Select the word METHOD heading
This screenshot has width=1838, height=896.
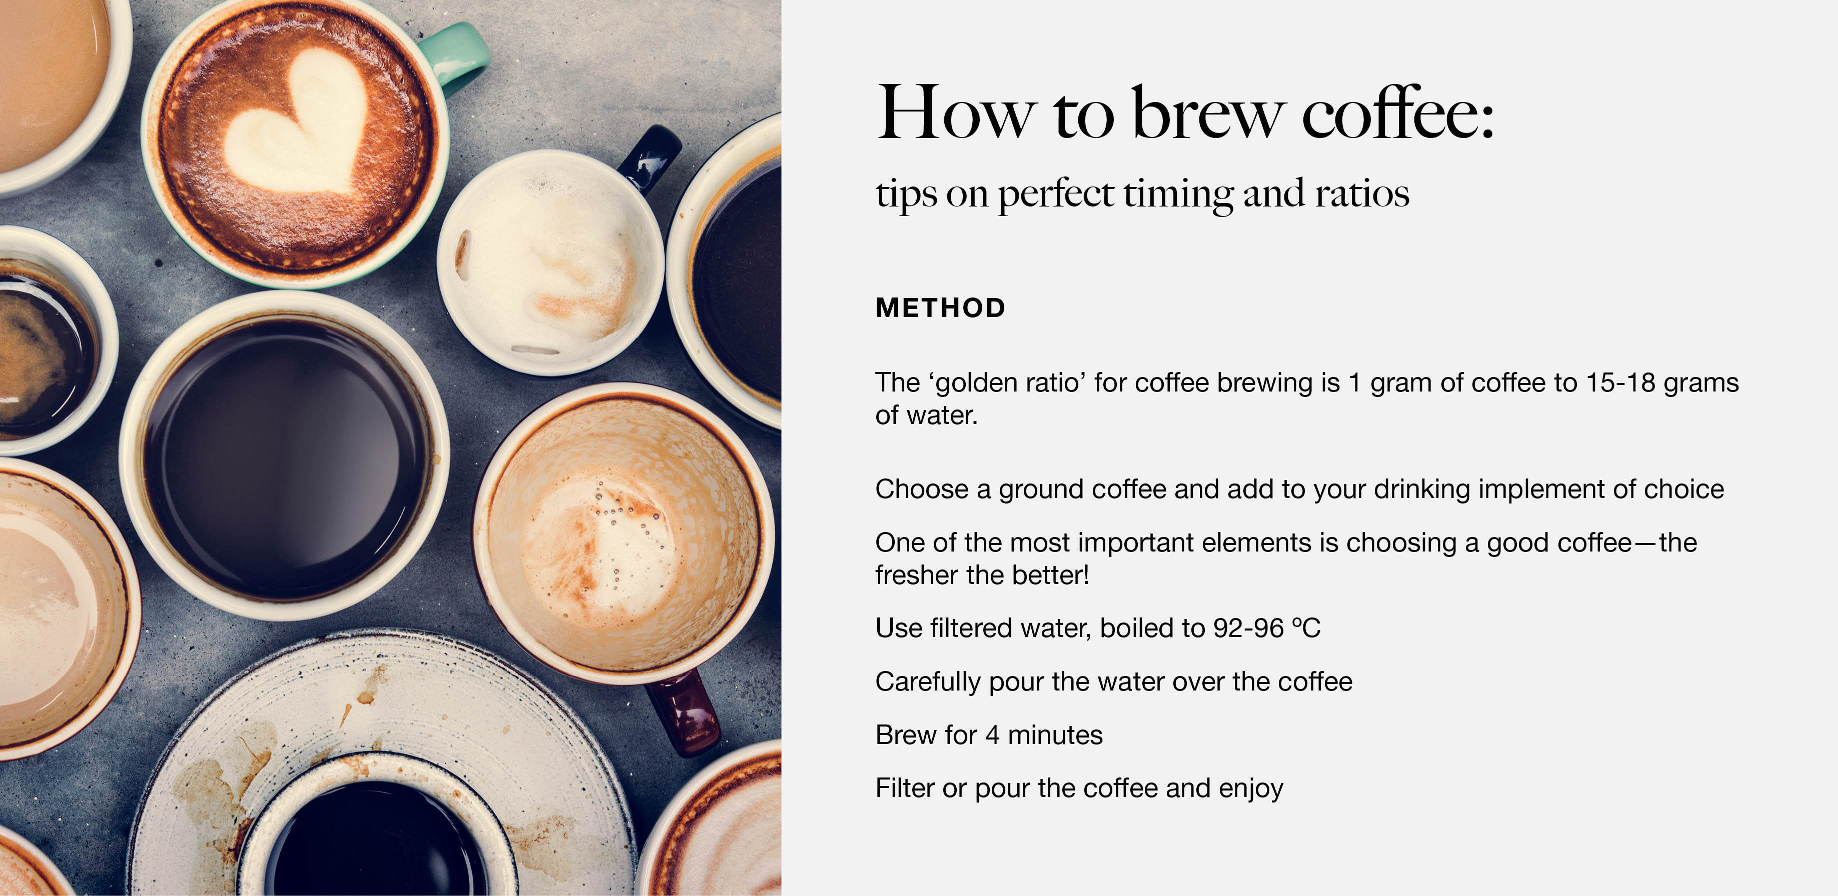(940, 308)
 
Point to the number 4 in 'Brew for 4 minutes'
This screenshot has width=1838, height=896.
(992, 735)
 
